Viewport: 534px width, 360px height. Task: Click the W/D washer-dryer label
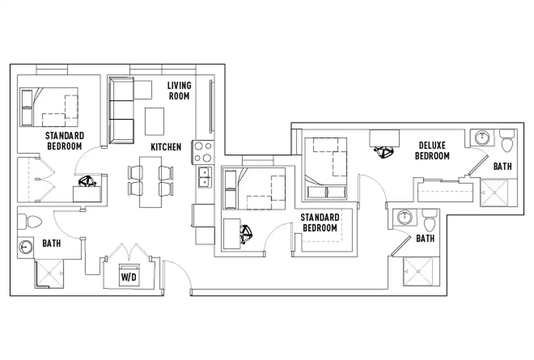pyautogui.click(x=129, y=278)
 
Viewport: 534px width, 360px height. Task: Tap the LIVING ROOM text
pyautogui.click(x=179, y=90)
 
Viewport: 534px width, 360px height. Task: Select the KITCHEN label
pyautogui.click(x=166, y=147)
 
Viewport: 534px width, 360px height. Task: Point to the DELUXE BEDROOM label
pyautogui.click(x=432, y=151)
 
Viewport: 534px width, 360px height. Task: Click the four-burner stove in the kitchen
pyautogui.click(x=202, y=152)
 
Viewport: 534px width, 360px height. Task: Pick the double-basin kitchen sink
pyautogui.click(x=204, y=176)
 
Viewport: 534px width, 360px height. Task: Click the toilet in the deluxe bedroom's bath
pyautogui.click(x=507, y=140)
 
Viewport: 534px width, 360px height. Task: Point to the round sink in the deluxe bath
pyautogui.click(x=481, y=136)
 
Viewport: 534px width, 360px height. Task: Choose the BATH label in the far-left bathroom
pyautogui.click(x=52, y=243)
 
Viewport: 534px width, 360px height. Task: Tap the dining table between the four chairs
pyautogui.click(x=150, y=181)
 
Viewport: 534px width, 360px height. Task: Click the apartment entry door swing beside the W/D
pyautogui.click(x=178, y=274)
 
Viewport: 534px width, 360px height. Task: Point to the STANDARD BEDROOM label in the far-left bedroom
pyautogui.click(x=64, y=141)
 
